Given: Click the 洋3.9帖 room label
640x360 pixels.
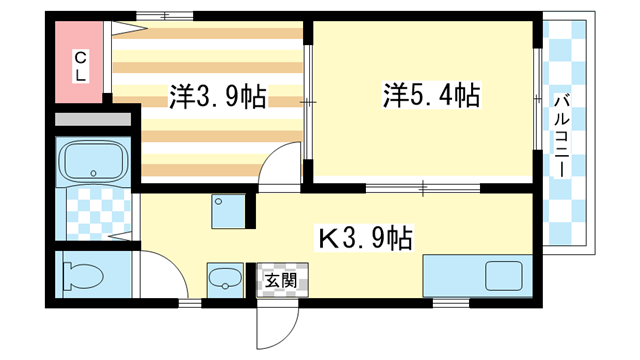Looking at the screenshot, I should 217,98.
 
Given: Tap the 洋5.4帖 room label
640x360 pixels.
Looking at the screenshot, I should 431,96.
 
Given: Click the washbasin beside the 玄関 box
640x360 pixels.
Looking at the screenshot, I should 224,279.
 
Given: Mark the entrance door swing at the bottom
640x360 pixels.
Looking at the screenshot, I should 278,320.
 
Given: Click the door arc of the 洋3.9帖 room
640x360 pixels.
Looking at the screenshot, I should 283,165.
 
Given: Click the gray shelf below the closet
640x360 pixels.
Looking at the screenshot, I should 91,120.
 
